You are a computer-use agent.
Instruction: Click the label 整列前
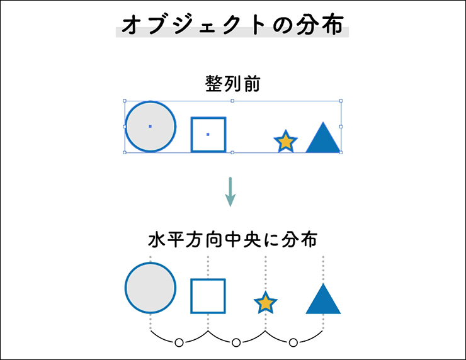coord(232,84)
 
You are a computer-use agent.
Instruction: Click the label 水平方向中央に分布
coord(232,240)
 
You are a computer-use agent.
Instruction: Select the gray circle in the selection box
coord(150,127)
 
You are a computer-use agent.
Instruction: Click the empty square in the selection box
coord(208,134)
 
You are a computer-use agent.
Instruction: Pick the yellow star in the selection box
coord(285,142)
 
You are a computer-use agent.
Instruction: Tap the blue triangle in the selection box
coord(323,139)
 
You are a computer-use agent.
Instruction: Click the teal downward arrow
coord(230,192)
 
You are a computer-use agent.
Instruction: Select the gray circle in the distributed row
coord(151,287)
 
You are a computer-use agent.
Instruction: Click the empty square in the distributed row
coord(208,295)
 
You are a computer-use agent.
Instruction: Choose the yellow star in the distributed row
coord(266,303)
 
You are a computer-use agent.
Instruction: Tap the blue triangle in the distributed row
coord(323,300)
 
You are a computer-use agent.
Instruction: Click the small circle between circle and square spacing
coord(179,342)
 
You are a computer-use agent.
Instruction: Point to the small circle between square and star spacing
coord(236,342)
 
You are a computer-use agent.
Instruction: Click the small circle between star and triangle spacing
coord(293,342)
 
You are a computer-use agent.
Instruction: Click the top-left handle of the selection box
coord(125,100)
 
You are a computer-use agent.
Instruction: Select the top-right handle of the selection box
coord(341,100)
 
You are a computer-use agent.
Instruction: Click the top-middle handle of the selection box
coord(232,100)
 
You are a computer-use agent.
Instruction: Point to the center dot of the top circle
coord(150,127)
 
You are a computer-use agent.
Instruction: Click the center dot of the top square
coord(208,134)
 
